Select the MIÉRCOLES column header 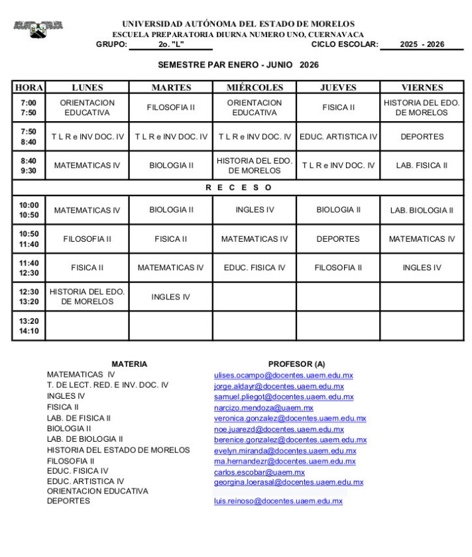click(x=255, y=87)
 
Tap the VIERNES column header click(x=422, y=87)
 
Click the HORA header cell click(x=29, y=87)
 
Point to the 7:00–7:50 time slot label click(x=29, y=108)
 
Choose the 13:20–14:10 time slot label click(x=29, y=326)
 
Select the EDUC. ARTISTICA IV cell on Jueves click(x=338, y=136)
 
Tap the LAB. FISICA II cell click(x=422, y=166)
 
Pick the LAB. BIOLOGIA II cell click(x=422, y=211)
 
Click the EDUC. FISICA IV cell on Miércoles click(x=255, y=268)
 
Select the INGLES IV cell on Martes click(x=171, y=297)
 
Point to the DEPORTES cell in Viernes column click(x=422, y=136)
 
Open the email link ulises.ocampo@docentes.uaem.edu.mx click(x=283, y=376)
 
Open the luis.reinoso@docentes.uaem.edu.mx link click(x=278, y=501)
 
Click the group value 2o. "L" click(x=171, y=45)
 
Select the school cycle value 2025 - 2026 click(x=422, y=45)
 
